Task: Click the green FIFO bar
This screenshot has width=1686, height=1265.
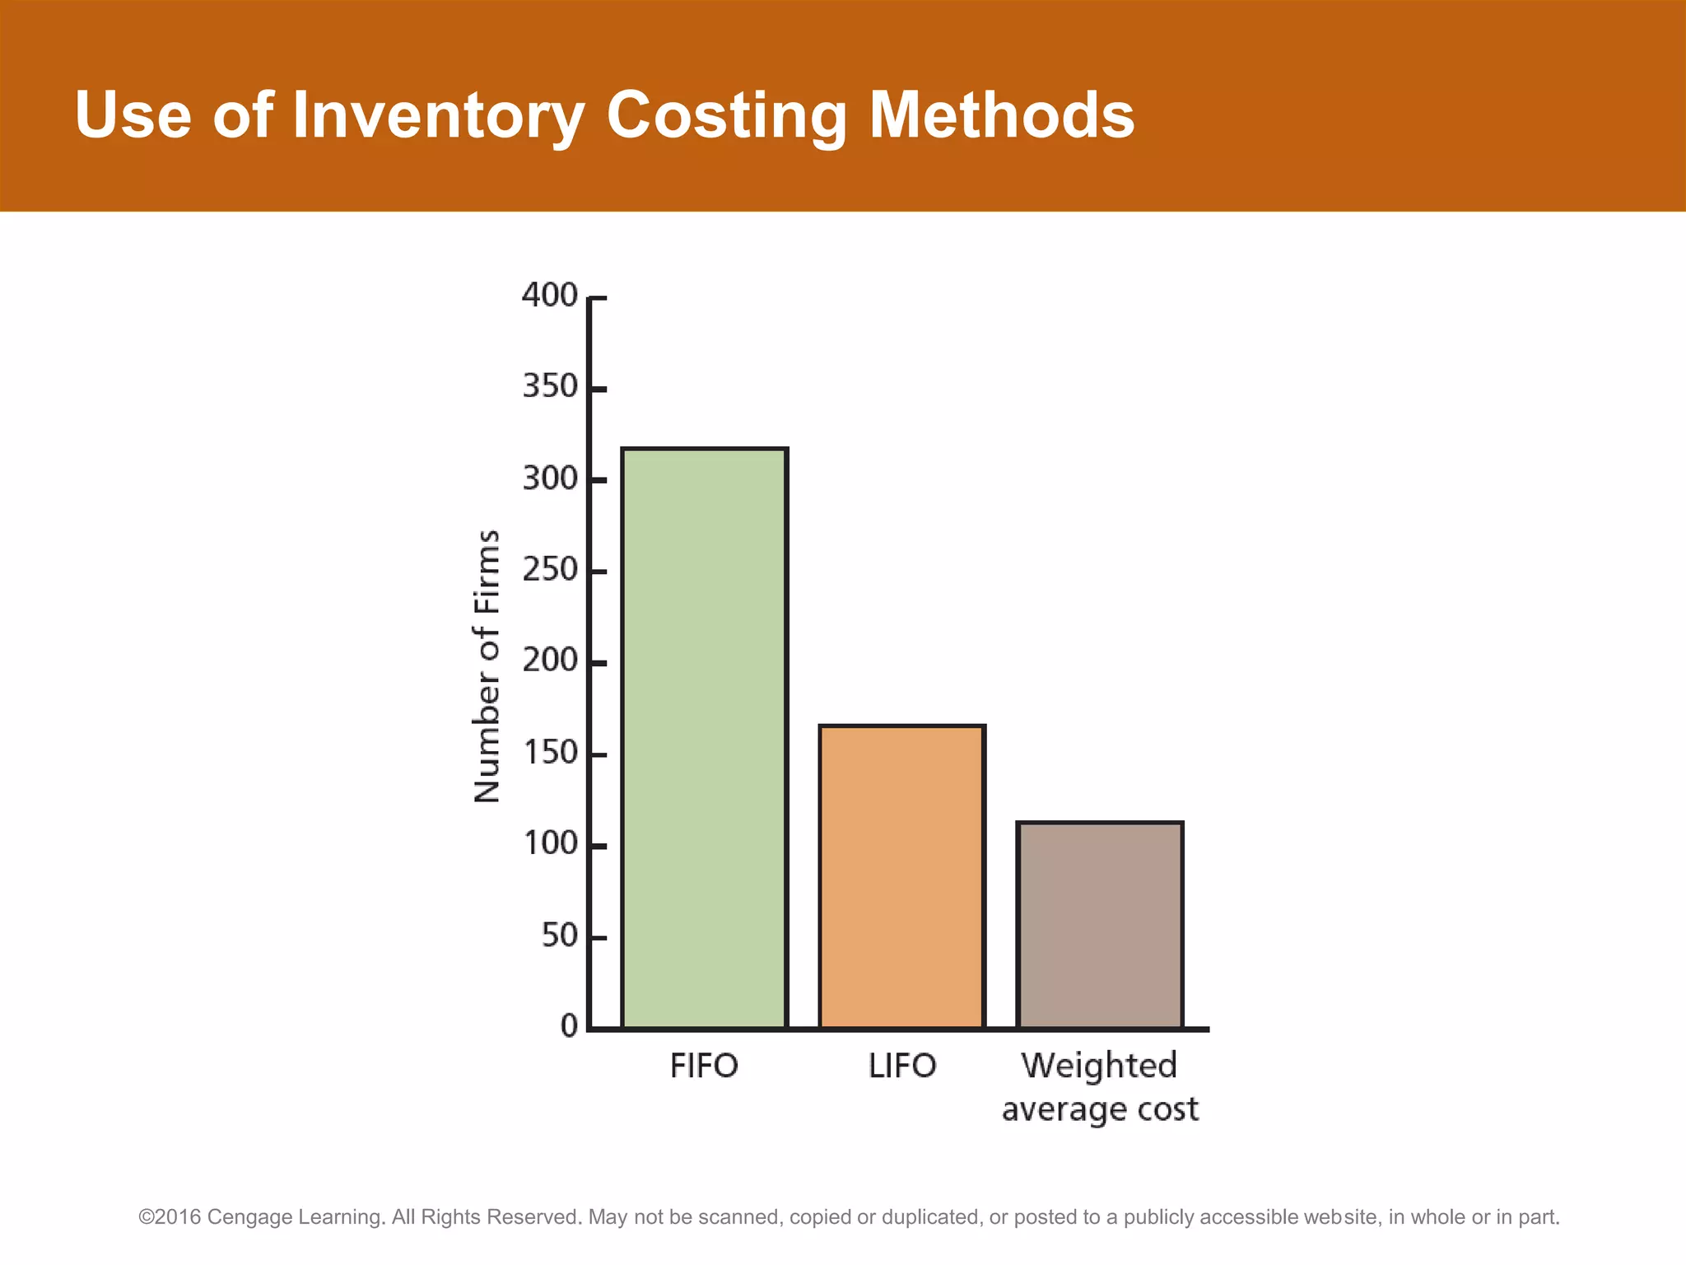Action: (705, 738)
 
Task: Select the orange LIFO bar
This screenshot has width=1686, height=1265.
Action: (902, 877)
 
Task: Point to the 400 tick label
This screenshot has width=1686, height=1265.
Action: (550, 295)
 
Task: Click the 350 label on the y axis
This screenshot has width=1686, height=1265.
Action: (550, 386)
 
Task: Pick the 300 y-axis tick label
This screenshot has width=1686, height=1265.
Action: (550, 478)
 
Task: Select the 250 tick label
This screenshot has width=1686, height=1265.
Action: (550, 569)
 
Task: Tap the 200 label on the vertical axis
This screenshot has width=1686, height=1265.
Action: (550, 661)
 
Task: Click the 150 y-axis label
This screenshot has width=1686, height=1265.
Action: (550, 753)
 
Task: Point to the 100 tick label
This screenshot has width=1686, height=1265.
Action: (550, 844)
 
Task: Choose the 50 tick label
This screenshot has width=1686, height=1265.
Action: (560, 936)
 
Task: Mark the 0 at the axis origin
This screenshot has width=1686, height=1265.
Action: (570, 1026)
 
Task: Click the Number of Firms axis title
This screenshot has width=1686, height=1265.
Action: (487, 665)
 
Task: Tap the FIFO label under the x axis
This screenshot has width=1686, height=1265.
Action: (704, 1066)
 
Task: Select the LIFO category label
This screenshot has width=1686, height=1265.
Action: (902, 1066)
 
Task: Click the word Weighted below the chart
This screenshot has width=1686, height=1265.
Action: (1100, 1066)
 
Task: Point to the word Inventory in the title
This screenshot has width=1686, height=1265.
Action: (438, 115)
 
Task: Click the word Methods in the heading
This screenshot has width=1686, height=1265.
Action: (1002, 115)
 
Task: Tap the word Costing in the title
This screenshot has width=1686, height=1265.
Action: (726, 115)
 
